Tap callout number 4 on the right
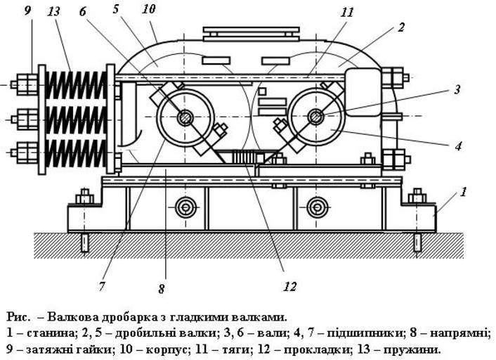457,147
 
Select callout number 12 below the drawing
289,285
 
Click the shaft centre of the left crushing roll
185,117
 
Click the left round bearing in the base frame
185,207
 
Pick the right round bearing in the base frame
317,207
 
